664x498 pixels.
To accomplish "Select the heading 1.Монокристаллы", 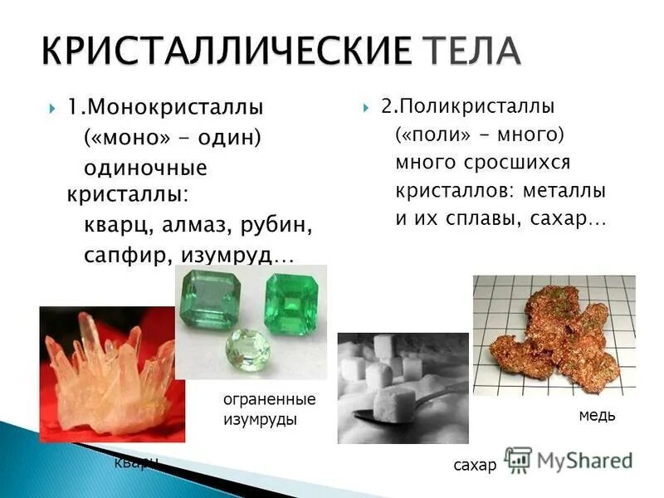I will pyautogui.click(x=165, y=107).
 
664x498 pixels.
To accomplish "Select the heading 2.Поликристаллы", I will pyautogui.click(x=468, y=107).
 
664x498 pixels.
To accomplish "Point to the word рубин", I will pyautogui.click(x=281, y=225).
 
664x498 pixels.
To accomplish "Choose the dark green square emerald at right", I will pyautogui.click(x=291, y=305).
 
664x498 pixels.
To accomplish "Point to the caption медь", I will pyautogui.click(x=597, y=415).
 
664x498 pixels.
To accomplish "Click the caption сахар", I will pyautogui.click(x=475, y=465).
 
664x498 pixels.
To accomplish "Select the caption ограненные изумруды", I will pyautogui.click(x=270, y=410).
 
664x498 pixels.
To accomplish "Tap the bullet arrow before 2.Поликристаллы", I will pyautogui.click(x=366, y=108).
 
